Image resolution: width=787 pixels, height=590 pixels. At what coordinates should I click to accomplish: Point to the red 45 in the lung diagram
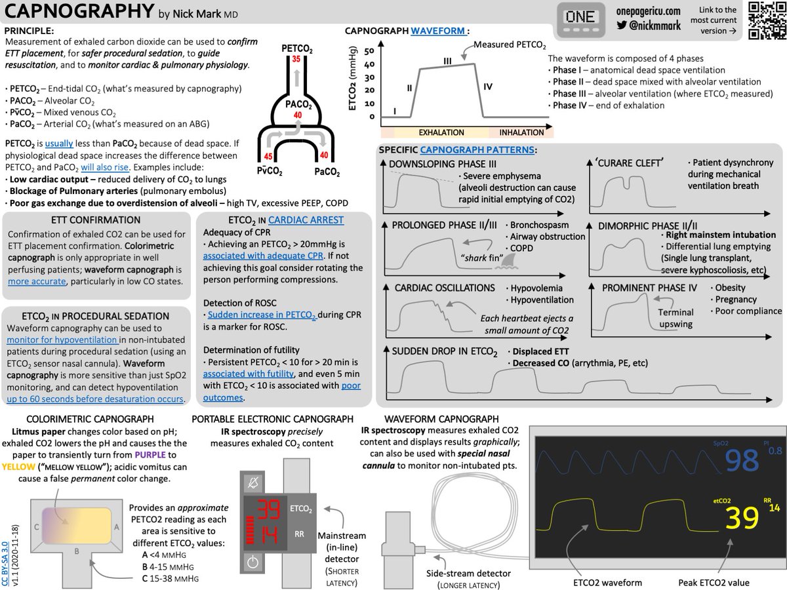tap(268, 157)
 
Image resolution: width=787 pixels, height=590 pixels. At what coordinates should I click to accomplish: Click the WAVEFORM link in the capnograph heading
tap(438, 30)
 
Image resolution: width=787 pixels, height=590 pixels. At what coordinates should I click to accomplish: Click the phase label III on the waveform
tap(447, 61)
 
